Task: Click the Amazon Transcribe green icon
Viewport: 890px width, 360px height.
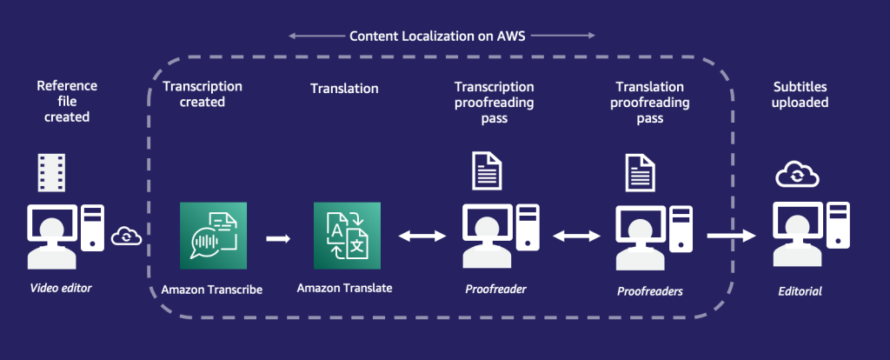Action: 212,236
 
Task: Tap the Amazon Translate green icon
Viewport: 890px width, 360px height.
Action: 347,236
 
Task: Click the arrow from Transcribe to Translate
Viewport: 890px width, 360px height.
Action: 278,237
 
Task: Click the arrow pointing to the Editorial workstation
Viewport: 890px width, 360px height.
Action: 731,236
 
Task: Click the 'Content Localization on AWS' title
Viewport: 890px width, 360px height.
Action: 442,37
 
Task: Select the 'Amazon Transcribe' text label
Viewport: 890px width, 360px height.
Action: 213,288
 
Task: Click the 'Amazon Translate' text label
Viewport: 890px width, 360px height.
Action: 345,288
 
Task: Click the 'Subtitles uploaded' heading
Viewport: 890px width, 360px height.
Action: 800,95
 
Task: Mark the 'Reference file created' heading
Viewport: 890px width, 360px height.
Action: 67,101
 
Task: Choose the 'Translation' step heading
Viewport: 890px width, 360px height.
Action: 344,88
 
